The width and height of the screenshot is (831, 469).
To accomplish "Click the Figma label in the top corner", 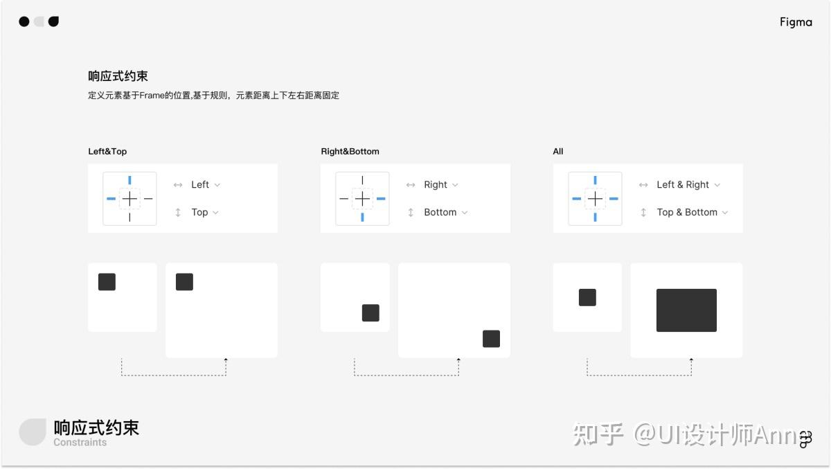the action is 796,22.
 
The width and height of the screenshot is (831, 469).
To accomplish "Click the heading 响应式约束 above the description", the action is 118,76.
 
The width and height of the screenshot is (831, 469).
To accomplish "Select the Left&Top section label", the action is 107,151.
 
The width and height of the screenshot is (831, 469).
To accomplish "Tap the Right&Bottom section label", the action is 350,151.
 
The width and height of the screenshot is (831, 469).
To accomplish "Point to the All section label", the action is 558,151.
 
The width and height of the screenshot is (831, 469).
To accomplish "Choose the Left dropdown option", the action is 205,185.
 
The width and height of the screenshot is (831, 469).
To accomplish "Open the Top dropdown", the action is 204,213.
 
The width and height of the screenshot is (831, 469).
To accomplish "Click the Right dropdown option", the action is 440,185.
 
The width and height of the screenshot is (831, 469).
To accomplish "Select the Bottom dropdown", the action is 445,213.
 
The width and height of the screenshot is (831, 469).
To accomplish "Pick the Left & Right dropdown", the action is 688,185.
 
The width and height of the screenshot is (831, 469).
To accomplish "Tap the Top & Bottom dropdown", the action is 692,213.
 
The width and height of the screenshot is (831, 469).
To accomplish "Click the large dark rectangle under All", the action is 686,310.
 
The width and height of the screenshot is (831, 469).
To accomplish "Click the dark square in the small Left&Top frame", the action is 107,282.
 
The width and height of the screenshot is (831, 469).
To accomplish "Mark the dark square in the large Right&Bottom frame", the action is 491,339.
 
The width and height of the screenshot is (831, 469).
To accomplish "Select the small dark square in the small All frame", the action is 587,297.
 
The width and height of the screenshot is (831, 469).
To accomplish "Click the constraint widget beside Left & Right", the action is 595,199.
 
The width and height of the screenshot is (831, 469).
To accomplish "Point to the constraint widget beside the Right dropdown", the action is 362,199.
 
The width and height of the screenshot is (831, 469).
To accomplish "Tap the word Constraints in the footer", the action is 80,443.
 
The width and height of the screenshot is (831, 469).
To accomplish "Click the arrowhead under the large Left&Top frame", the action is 226,360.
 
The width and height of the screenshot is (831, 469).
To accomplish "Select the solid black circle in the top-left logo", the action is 24,21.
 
